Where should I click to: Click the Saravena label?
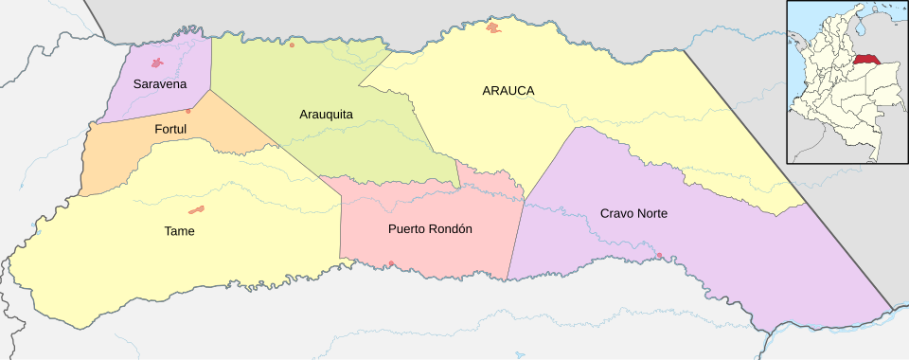pos(159,84)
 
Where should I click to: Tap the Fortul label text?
pos(169,129)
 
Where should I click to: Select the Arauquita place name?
pos(326,115)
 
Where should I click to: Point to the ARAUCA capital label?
pos(508,91)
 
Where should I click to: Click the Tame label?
pos(179,230)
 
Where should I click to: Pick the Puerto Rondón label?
pos(430,229)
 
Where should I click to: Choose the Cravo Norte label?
pos(633,214)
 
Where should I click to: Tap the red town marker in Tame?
pos(197,209)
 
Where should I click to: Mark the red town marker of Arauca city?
pos(493,28)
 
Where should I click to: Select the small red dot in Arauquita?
pos(292,45)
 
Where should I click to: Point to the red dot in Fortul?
pos(188,111)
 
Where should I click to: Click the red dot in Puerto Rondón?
pos(391,263)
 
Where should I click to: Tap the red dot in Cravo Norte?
pos(659,255)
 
